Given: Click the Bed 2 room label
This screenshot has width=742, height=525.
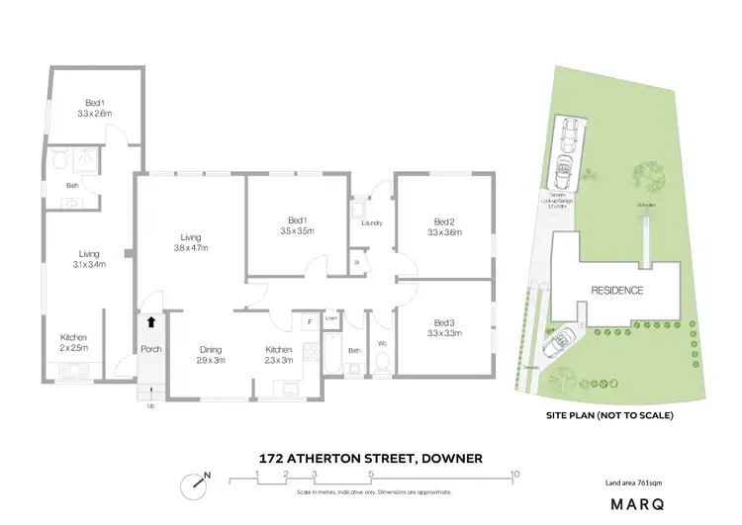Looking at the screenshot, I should coord(444,226).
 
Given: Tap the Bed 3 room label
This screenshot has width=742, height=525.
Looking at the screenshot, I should coord(444,327).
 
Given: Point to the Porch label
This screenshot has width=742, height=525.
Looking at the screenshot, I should coord(150,349).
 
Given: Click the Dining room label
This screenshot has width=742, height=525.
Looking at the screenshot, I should coord(210,354).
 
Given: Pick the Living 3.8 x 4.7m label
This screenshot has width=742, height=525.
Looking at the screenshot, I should coord(191,241).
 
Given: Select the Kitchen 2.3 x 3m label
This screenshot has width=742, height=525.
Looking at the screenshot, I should coord(278,354).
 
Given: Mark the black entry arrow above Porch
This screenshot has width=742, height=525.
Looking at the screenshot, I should coord(151,321).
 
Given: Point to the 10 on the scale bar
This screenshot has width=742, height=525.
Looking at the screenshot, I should coord(514,475).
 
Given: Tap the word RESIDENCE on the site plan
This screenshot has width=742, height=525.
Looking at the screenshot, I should coord(617,291).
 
